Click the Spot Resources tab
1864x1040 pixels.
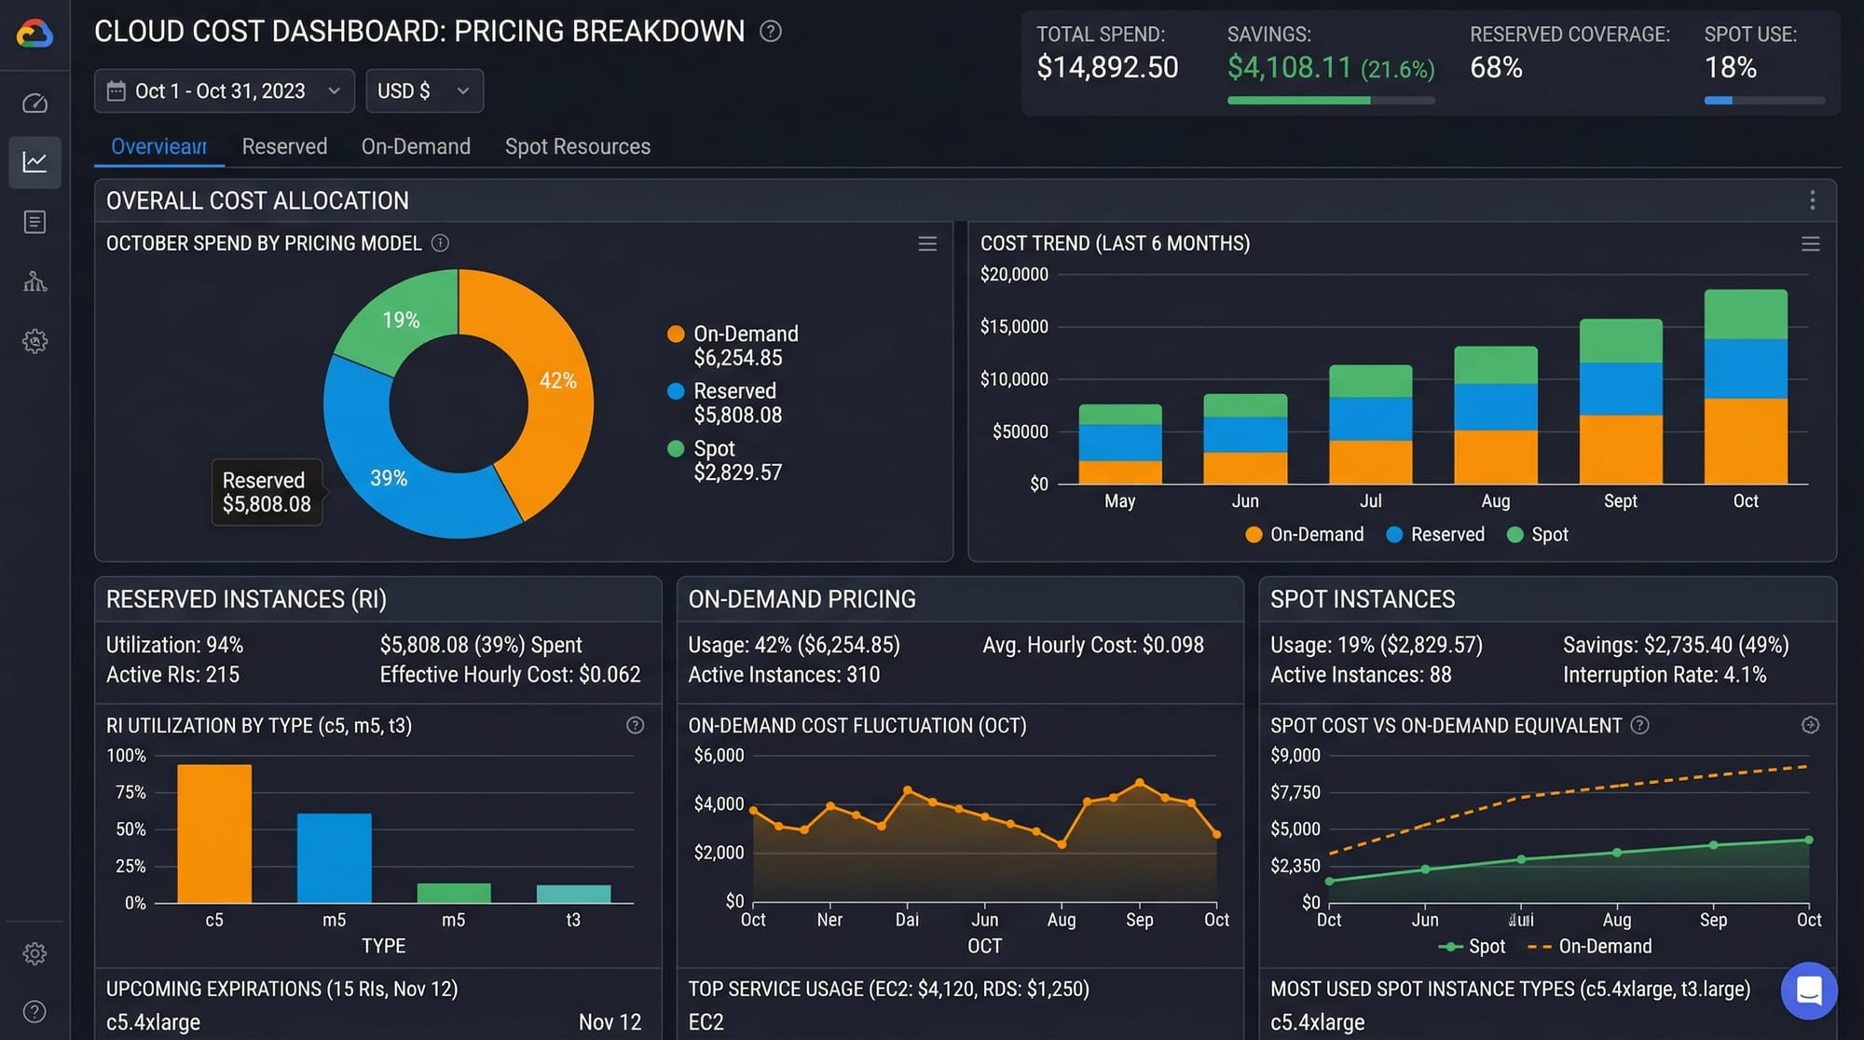[x=577, y=146]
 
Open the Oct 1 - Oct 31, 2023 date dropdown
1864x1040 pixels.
[x=224, y=90]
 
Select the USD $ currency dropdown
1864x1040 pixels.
[x=424, y=90]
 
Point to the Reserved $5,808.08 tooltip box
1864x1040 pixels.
[x=267, y=492]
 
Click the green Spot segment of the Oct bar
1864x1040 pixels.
[x=1745, y=315]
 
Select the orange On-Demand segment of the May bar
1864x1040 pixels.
[x=1119, y=472]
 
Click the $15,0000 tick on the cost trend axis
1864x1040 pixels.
[x=1014, y=327]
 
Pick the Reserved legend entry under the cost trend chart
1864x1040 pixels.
[x=1435, y=534]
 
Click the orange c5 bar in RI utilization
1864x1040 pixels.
[x=214, y=833]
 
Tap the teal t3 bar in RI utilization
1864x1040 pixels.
[x=573, y=894]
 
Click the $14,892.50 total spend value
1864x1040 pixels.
[x=1107, y=67]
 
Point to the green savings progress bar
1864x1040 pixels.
[x=1298, y=100]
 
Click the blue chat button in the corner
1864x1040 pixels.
[x=1808, y=990]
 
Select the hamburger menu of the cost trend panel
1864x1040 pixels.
[x=1810, y=244]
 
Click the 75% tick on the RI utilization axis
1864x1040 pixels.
[x=130, y=792]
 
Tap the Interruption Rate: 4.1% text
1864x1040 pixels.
[x=1664, y=675]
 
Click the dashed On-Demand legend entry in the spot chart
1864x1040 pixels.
[x=1590, y=946]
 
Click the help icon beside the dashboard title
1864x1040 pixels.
[x=770, y=31]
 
